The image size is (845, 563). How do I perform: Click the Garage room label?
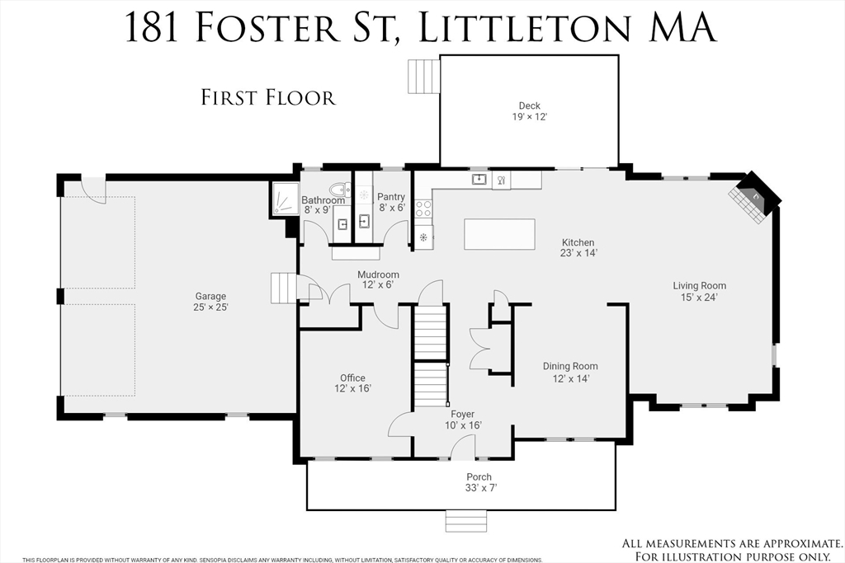(x=210, y=296)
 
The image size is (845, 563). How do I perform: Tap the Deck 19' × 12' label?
(x=530, y=111)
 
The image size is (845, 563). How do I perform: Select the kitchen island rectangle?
(x=499, y=234)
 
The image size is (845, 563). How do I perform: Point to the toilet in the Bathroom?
(x=339, y=190)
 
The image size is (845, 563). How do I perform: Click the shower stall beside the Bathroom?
(x=285, y=199)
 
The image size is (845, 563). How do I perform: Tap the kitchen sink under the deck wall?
(x=479, y=179)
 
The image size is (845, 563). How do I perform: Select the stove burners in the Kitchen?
(x=422, y=209)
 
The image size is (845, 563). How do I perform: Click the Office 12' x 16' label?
(x=352, y=383)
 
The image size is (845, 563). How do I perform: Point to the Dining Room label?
(x=570, y=366)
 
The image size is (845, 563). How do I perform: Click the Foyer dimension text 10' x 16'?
(x=462, y=425)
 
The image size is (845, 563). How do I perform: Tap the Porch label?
(x=479, y=477)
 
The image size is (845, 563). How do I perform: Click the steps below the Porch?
(x=467, y=520)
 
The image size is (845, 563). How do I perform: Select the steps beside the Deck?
(x=424, y=76)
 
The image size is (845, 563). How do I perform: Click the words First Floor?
(x=268, y=98)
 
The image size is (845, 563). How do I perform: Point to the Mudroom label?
(x=378, y=274)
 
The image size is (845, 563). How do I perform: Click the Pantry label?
(x=390, y=197)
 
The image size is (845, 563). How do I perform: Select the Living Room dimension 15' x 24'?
(x=700, y=297)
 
